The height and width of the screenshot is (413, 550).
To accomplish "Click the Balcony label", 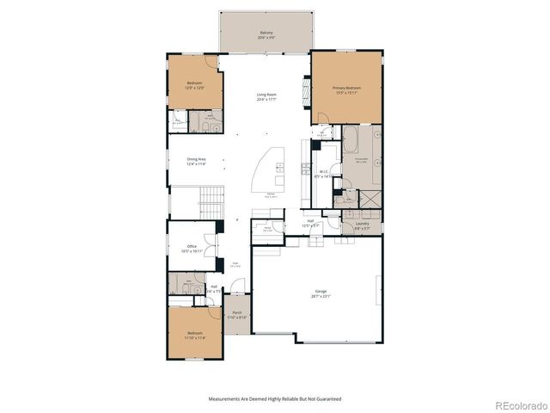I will coord(266,35).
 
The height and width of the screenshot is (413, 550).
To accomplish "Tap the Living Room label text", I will coord(266,96).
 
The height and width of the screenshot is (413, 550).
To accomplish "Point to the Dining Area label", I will coord(197,160).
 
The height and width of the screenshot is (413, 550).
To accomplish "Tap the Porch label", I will coord(236,315).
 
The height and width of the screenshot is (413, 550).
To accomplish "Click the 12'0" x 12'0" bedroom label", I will coord(195,85).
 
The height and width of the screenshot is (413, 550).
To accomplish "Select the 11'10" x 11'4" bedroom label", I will coord(195,336).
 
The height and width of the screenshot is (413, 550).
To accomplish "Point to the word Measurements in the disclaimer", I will coord(228,398).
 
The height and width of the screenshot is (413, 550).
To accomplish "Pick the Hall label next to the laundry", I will coord(310,223).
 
